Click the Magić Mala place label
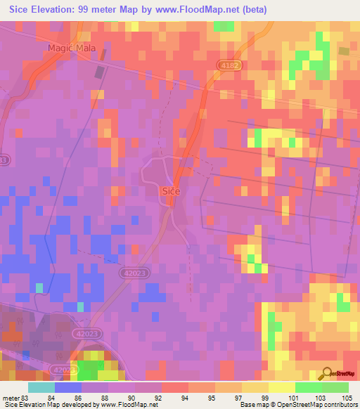pyautogui.click(x=75, y=48)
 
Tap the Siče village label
pyautogui.click(x=172, y=190)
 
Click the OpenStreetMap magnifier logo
pyautogui.click(x=328, y=374)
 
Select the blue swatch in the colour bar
pyautogui.click(x=69, y=387)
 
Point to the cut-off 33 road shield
pyautogui.click(x=4, y=160)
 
